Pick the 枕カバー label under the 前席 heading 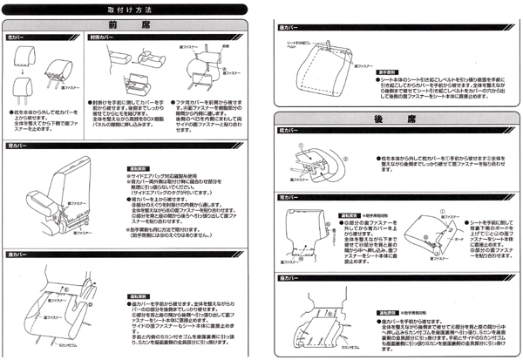tap(17, 39)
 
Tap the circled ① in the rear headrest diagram tap(301, 147)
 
